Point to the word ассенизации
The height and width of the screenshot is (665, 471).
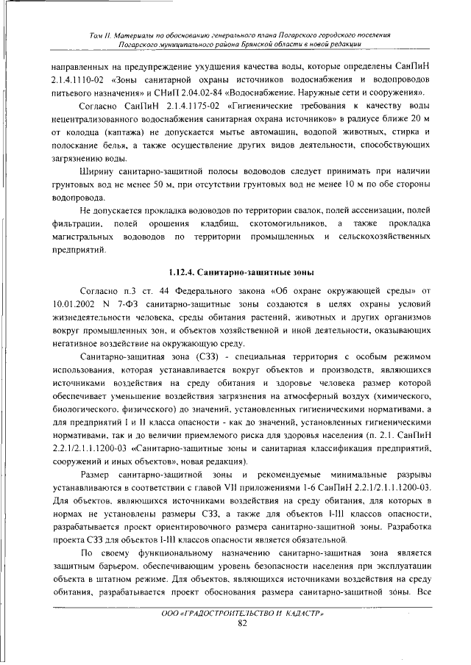380,208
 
